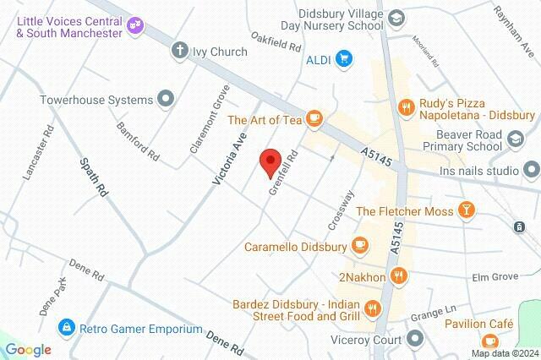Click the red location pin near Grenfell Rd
[x=270, y=162]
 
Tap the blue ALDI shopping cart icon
[x=343, y=58]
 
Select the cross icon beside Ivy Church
[x=179, y=51]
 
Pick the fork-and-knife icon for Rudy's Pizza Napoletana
[x=407, y=107]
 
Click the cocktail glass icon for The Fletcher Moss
[x=464, y=210]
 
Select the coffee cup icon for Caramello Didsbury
[x=360, y=245]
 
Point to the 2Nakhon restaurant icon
[x=401, y=275]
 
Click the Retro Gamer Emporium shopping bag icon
[x=64, y=328]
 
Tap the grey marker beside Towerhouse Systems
[x=166, y=100]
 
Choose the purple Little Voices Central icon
[x=134, y=25]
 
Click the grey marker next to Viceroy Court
[x=415, y=340]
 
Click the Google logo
[x=29, y=349]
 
